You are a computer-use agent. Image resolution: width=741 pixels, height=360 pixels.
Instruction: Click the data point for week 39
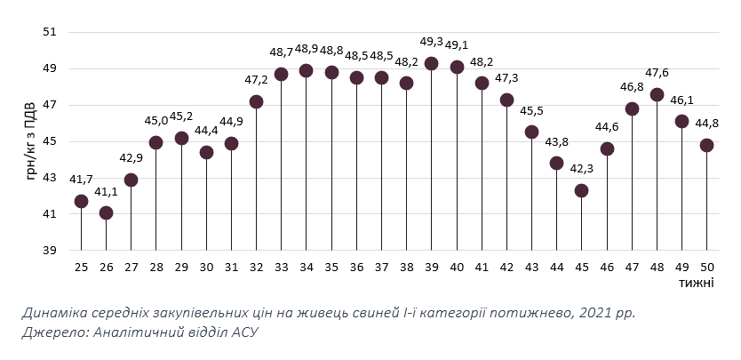pyautogui.click(x=431, y=63)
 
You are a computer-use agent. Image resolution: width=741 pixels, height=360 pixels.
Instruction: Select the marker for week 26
pyautogui.click(x=106, y=212)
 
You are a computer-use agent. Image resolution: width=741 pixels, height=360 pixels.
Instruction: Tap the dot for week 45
pyautogui.click(x=581, y=190)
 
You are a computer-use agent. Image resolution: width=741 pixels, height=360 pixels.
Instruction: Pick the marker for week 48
pyautogui.click(x=657, y=94)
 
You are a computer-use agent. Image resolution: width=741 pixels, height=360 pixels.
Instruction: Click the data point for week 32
pyautogui.click(x=256, y=101)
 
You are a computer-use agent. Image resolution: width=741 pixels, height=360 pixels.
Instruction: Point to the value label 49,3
pyautogui.click(x=432, y=41)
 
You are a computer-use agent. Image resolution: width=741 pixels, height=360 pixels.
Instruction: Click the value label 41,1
pyautogui.click(x=106, y=191)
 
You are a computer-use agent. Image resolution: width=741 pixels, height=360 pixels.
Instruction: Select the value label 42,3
pyautogui.click(x=581, y=169)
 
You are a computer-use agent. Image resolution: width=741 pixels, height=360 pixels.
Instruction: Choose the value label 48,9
pyautogui.click(x=307, y=49)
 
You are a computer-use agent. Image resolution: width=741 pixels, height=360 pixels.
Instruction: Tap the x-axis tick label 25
pyautogui.click(x=81, y=267)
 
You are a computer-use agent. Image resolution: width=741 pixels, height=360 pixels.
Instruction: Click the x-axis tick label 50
pyautogui.click(x=706, y=267)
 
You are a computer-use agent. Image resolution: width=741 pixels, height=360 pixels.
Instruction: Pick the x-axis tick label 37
pyautogui.click(x=381, y=267)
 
